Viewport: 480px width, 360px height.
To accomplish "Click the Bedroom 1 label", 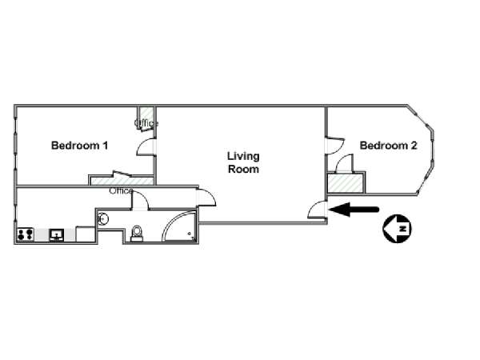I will (79, 146).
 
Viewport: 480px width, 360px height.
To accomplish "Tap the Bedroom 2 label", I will (388, 146).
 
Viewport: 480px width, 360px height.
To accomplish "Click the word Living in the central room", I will (243, 157).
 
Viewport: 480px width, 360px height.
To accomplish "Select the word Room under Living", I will (243, 170).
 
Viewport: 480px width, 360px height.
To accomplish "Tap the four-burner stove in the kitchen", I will (24, 235).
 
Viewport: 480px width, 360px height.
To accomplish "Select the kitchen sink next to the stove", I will (58, 235).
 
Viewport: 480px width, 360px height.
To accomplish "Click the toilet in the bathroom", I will (137, 232).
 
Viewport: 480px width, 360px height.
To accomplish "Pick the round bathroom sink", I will (102, 218).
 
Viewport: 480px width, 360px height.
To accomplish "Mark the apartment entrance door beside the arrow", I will (318, 210).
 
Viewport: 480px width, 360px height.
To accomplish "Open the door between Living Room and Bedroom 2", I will (332, 144).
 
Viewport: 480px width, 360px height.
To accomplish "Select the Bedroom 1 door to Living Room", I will (146, 147).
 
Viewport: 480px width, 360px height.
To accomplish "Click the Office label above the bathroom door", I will (121, 191).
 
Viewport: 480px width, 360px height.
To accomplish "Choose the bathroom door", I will (139, 202).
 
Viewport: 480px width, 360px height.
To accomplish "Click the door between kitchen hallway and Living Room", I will (206, 196).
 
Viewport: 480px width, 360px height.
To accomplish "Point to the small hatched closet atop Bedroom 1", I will (145, 114).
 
